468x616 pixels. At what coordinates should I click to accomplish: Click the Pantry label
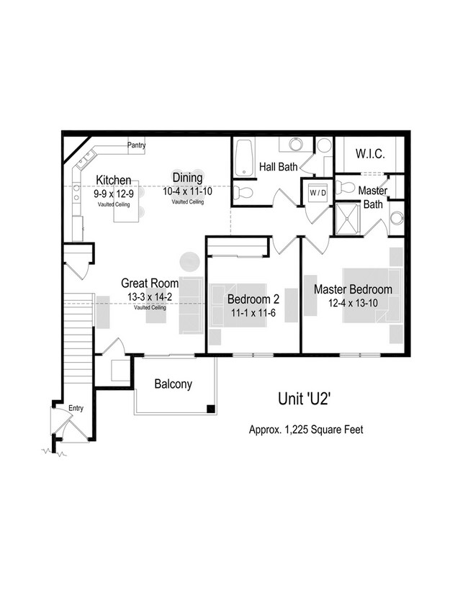(137, 145)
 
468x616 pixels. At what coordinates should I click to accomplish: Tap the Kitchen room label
(114, 180)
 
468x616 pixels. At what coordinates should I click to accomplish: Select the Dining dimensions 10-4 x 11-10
(187, 191)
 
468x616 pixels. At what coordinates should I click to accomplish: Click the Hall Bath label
(279, 168)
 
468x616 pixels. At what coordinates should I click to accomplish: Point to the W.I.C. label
(370, 155)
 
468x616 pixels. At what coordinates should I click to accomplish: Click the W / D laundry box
(318, 193)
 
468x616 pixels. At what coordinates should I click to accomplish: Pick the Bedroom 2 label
(253, 299)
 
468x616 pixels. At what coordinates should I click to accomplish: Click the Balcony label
(174, 384)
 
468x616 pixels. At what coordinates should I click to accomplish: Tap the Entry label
(76, 409)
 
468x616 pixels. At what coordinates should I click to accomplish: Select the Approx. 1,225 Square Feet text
(306, 430)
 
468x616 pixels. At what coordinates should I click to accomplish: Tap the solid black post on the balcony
(210, 409)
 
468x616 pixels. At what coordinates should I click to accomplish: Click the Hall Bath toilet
(244, 191)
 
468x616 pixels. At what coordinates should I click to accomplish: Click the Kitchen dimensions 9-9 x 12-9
(114, 194)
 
